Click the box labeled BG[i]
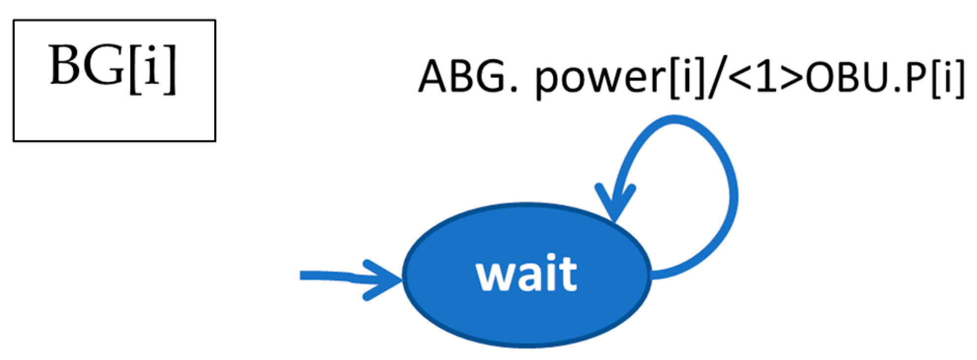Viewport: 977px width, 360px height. point(114,80)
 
